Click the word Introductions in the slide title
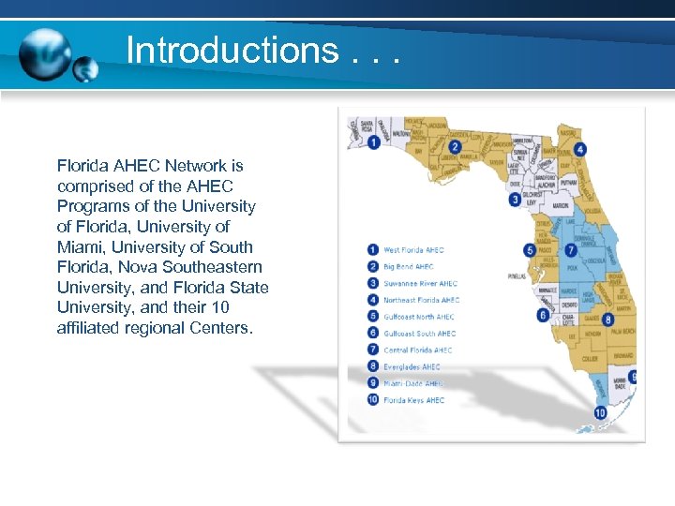[232, 50]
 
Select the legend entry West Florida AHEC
[413, 250]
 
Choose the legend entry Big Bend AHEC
[409, 267]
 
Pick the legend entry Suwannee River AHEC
[420, 284]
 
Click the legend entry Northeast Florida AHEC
[421, 300]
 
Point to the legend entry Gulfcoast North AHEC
[419, 317]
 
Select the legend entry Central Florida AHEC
[418, 350]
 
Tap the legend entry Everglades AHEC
[412, 366]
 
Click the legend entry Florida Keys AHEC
[413, 400]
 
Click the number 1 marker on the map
[374, 142]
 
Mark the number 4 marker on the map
[580, 149]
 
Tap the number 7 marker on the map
[571, 250]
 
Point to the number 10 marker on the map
[599, 412]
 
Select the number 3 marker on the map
[515, 199]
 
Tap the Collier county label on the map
[590, 358]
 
